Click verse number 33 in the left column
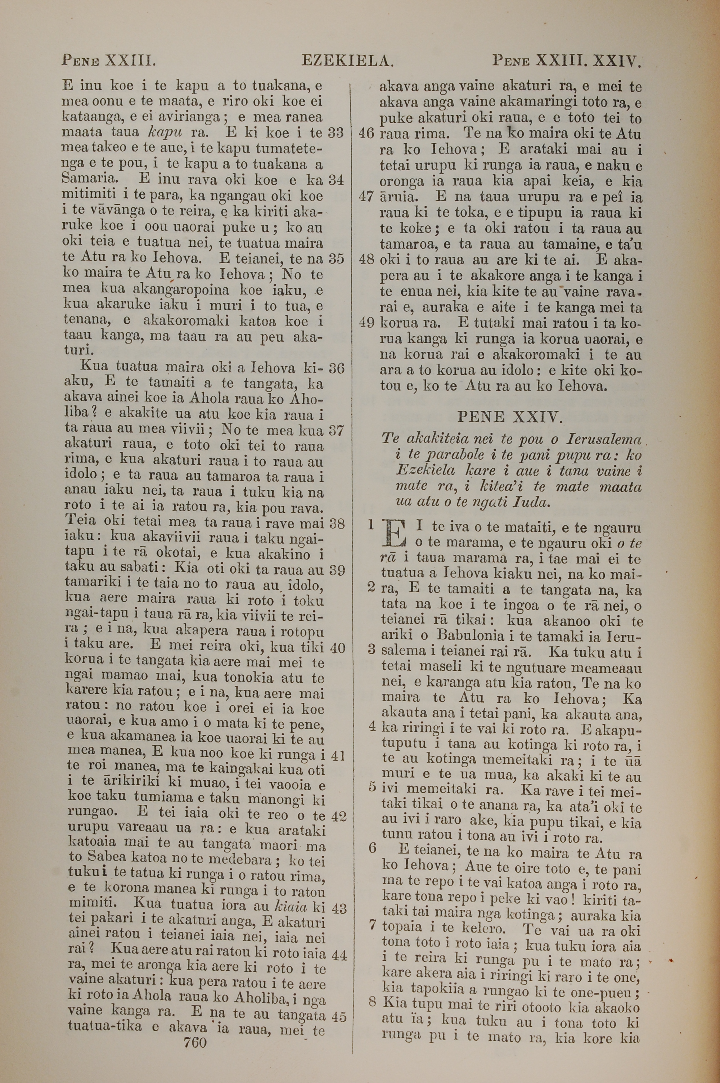336,133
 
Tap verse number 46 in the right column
366,134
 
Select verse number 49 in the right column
366,322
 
